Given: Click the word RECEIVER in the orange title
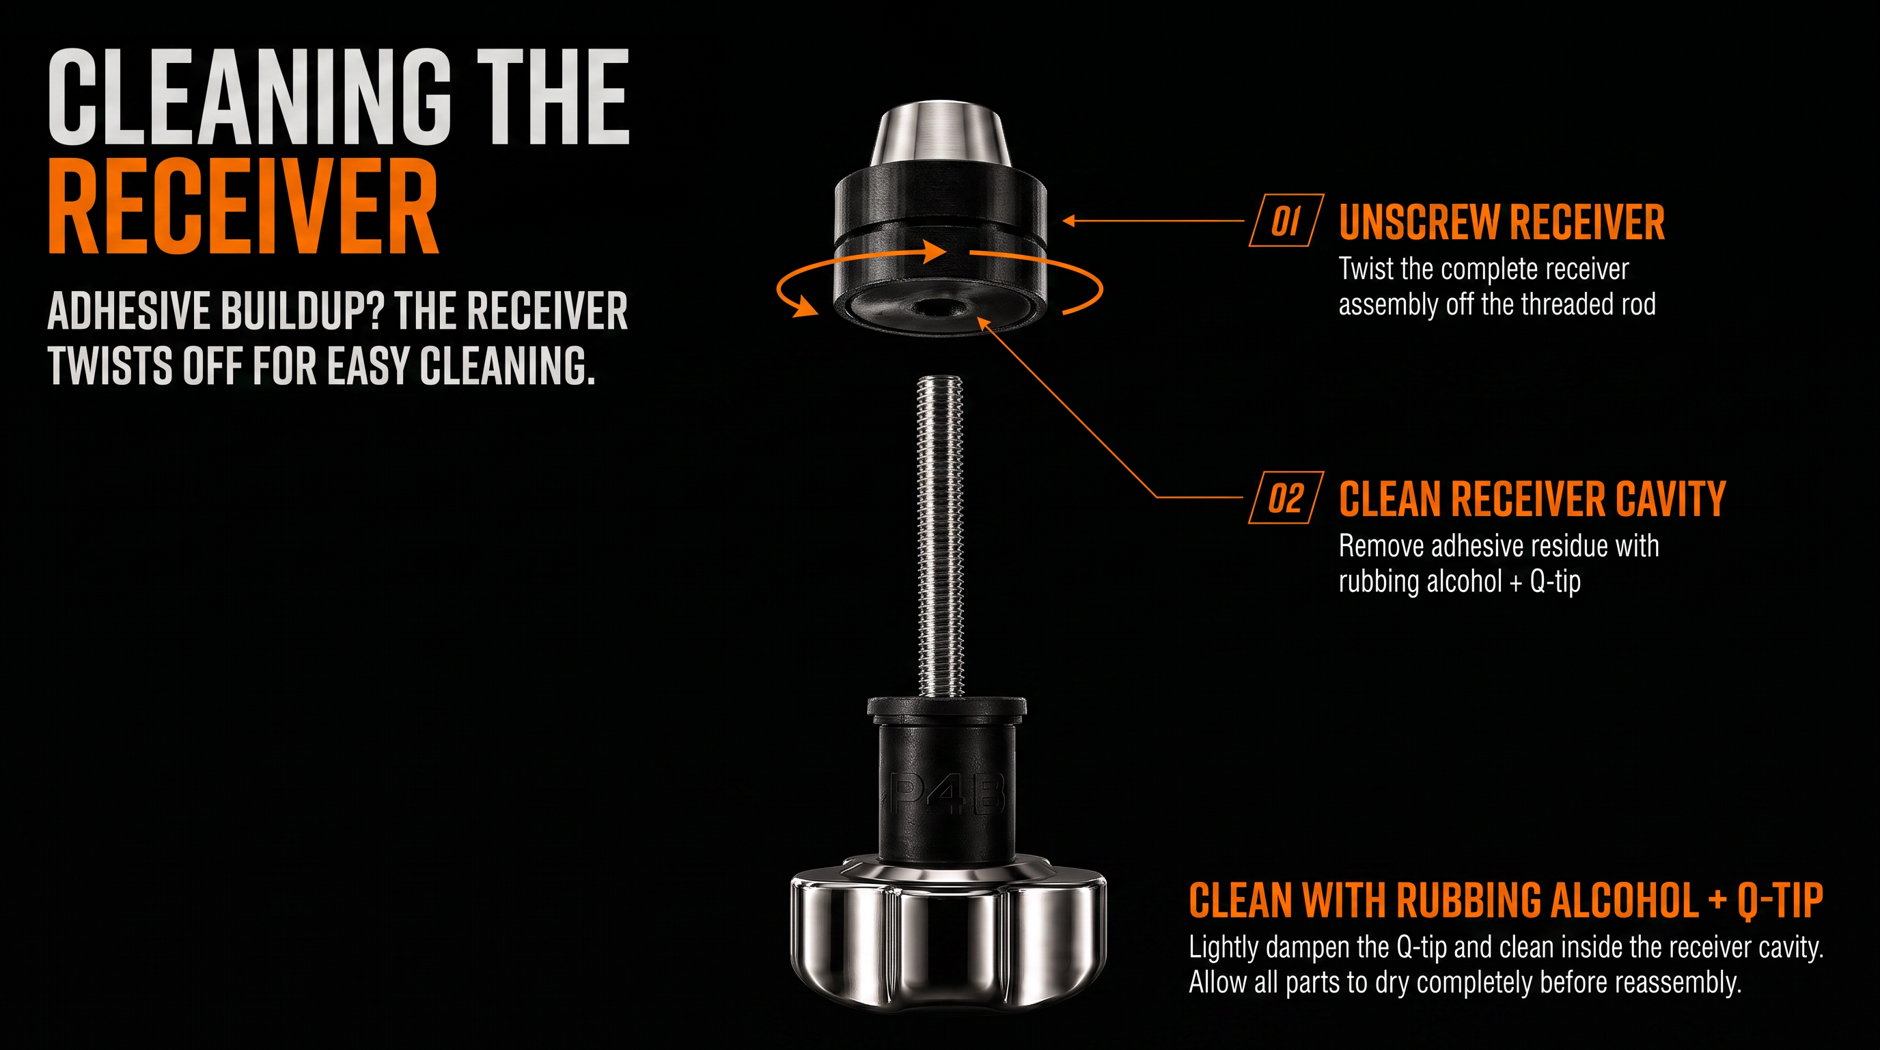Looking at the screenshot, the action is [x=243, y=206].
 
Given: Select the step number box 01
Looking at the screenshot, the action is [x=1286, y=221].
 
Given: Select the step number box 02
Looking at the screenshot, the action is [x=1286, y=498].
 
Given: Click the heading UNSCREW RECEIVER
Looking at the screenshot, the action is [x=1502, y=222].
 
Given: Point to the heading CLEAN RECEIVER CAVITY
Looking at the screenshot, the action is [x=1532, y=500].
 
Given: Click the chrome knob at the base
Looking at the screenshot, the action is [x=948, y=934].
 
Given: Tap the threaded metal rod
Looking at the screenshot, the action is [x=940, y=537].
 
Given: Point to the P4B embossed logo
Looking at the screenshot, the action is [x=948, y=795].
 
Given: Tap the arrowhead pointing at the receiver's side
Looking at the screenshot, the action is [x=1069, y=221].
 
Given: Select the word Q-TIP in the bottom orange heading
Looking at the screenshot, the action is [x=1780, y=900].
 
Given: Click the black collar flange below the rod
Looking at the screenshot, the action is [x=948, y=707].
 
